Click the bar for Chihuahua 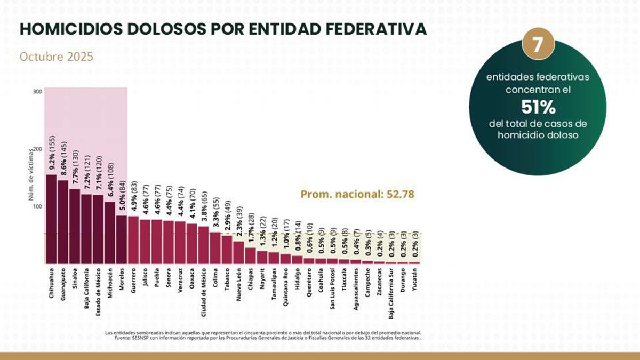(51, 219)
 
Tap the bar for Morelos (122, 239)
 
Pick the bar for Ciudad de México (203, 245)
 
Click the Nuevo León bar (238, 252)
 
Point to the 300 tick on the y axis (37, 92)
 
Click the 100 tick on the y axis (37, 206)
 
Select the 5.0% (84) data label (122, 196)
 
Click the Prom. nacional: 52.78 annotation (357, 194)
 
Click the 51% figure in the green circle (538, 107)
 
